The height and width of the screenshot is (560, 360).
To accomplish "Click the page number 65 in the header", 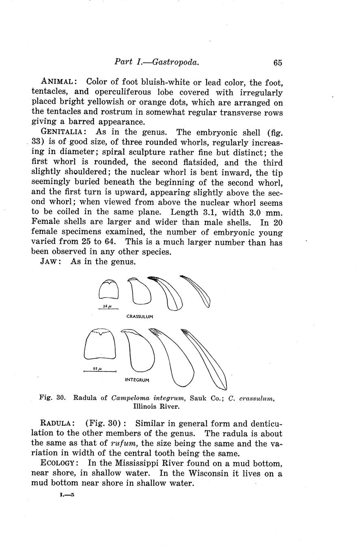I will [x=278, y=62].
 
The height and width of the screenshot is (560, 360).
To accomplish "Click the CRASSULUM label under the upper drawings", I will [x=140, y=316].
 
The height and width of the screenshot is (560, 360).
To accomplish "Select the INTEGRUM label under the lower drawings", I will [x=137, y=380].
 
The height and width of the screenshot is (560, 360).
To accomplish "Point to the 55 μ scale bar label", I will [x=97, y=369].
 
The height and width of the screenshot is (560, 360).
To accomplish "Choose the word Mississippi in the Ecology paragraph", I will [x=112, y=463].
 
